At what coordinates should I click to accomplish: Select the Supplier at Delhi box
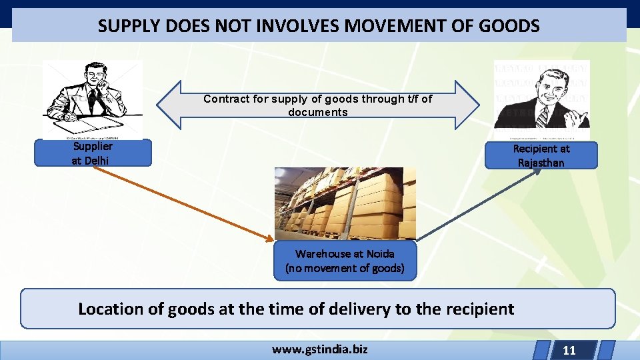click(x=93, y=153)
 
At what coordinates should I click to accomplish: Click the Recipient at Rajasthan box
click(x=541, y=155)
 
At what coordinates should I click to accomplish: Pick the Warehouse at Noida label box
click(x=345, y=261)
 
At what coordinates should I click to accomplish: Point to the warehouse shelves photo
click(x=345, y=203)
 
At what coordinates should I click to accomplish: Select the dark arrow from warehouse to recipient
click(x=480, y=203)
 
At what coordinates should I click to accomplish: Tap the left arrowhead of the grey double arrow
click(x=168, y=105)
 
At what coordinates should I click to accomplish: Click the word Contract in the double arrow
click(x=226, y=99)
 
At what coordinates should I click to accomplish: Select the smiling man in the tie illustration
click(x=542, y=100)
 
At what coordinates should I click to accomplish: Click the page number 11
click(x=569, y=350)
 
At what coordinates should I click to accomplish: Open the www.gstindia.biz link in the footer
click(x=319, y=349)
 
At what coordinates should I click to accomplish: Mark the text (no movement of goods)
click(x=345, y=268)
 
